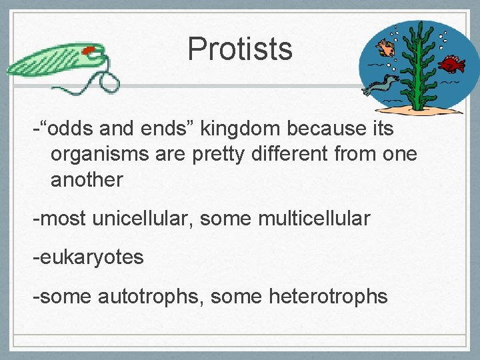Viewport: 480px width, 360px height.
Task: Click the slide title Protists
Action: (240, 49)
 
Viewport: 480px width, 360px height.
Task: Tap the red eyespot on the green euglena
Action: (88, 49)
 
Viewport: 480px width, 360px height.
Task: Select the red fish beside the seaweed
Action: (452, 65)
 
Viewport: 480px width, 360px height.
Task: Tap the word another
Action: (87, 179)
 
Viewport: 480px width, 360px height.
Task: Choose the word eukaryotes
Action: (92, 257)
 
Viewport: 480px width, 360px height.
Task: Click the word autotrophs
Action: (151, 295)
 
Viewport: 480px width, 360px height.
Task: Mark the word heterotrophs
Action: (328, 295)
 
